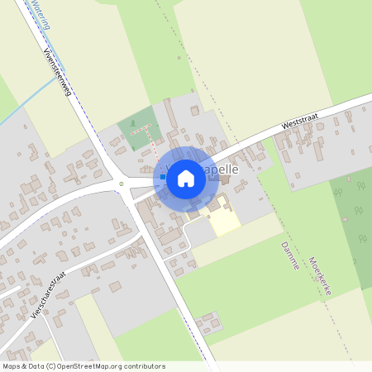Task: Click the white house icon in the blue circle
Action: click(186, 178)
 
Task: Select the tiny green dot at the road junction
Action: click(122, 184)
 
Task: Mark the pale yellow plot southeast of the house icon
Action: click(223, 220)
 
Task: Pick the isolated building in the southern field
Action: click(207, 322)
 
